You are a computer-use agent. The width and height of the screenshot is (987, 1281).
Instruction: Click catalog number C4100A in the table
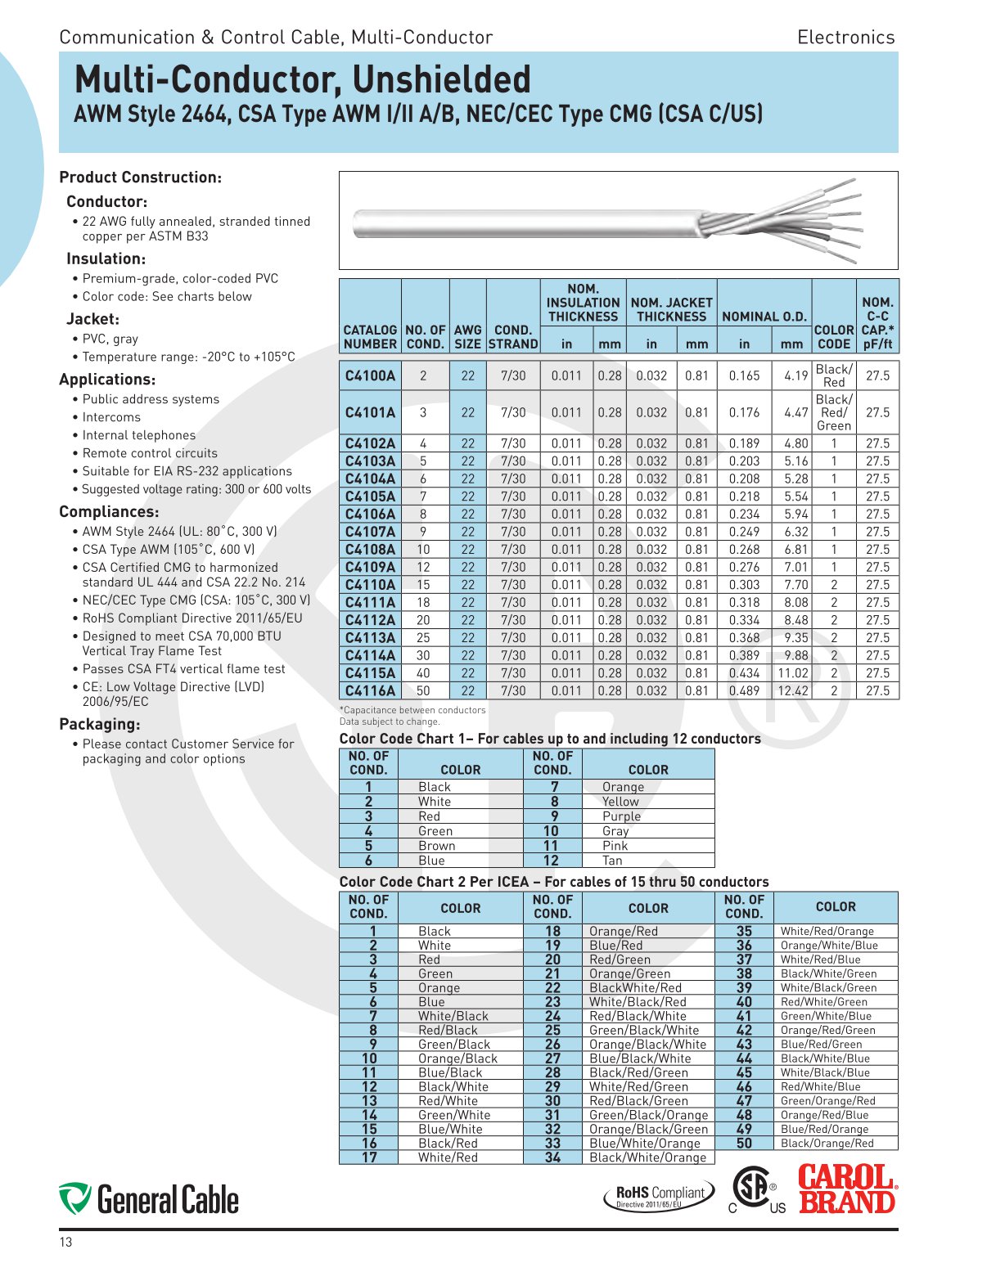[x=370, y=375]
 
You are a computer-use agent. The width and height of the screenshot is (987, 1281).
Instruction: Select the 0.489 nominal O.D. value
[x=744, y=690]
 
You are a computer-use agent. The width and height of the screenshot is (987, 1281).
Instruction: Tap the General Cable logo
[x=149, y=1199]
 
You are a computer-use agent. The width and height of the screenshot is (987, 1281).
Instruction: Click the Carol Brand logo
[x=847, y=1189]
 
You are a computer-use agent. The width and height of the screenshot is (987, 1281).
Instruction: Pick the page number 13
[x=65, y=1243]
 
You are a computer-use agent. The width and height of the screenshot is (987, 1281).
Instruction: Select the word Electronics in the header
[x=845, y=37]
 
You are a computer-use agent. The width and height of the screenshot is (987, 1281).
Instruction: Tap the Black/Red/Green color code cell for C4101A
[x=833, y=412]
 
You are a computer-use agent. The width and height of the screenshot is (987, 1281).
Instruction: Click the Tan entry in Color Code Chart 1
[x=612, y=861]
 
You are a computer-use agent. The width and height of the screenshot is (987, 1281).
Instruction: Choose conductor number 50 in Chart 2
[x=744, y=1143]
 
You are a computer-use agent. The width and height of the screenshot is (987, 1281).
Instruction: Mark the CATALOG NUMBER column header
[x=370, y=337]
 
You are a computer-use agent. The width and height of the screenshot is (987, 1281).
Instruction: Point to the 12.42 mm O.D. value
[x=791, y=690]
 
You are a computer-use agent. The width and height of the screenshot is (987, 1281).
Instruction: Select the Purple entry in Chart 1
[x=621, y=816]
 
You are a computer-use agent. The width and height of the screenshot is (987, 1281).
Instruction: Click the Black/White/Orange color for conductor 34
[x=647, y=1157]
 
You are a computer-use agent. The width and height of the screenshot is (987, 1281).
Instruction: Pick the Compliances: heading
[x=109, y=512]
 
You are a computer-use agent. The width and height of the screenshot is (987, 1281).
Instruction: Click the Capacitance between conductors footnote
[x=412, y=710]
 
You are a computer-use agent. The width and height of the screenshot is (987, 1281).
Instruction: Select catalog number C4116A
[x=370, y=690]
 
